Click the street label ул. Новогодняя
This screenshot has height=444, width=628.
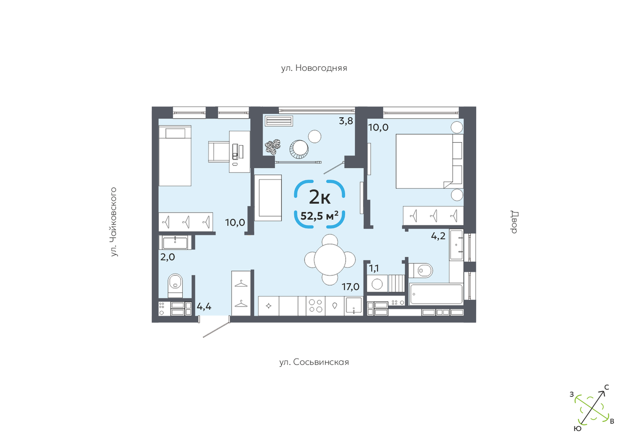pyautogui.click(x=314, y=68)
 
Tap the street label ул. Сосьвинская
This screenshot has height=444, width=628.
pyautogui.click(x=314, y=362)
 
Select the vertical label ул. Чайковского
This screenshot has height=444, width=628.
pyautogui.click(x=114, y=222)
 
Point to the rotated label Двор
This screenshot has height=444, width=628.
pyautogui.click(x=514, y=222)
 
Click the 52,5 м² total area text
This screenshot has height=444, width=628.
pyautogui.click(x=319, y=216)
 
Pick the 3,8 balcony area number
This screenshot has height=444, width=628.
pyautogui.click(x=346, y=121)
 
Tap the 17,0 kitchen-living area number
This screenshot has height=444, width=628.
pyautogui.click(x=351, y=286)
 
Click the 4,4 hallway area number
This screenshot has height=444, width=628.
pyautogui.click(x=204, y=306)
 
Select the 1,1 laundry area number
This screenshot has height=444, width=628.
pyautogui.click(x=374, y=268)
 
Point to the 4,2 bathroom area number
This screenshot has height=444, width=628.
pyautogui.click(x=438, y=236)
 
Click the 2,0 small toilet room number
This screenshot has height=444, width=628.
pyautogui.click(x=167, y=257)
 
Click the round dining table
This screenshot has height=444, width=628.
pyautogui.click(x=330, y=260)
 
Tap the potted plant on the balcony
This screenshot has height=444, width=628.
pyautogui.click(x=272, y=147)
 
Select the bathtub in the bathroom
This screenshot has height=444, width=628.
pyautogui.click(x=436, y=294)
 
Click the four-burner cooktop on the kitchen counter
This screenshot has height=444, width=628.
pyautogui.click(x=316, y=306)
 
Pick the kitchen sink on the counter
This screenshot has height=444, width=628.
pyautogui.click(x=354, y=306)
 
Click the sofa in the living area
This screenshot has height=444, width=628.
pyautogui.click(x=268, y=198)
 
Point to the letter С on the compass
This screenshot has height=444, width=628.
pyautogui.click(x=606, y=387)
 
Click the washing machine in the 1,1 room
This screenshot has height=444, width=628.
pyautogui.click(x=377, y=284)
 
